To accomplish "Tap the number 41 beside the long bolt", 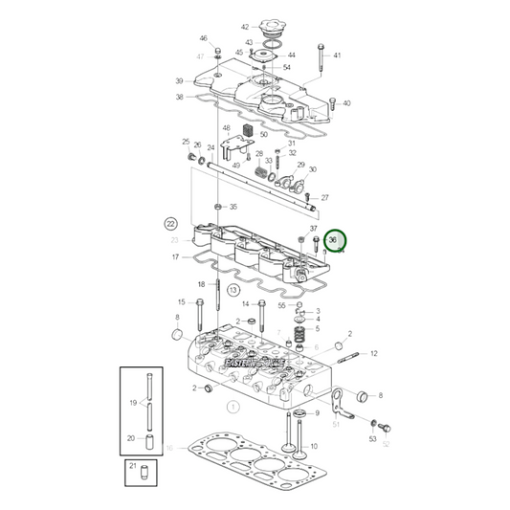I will point(337,55).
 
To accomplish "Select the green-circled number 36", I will point(332,240).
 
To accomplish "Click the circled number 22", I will point(171,223).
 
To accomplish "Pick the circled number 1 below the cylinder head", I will point(231,407).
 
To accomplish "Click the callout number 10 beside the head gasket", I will point(168,447).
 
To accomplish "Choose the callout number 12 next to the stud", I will point(373,353).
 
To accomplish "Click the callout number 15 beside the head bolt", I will point(181,302).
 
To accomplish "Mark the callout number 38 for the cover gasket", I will point(179,97).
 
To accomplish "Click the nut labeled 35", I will point(218,207).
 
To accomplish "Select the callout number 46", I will point(203,38).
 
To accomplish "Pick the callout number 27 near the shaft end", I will point(325,198).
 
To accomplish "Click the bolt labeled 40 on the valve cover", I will point(331,102).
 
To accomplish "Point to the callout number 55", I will point(281,305).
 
